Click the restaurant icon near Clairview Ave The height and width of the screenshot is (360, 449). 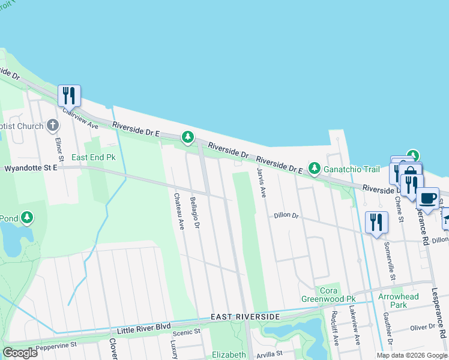(x=69, y=95)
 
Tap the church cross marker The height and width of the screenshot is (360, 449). (x=53, y=126)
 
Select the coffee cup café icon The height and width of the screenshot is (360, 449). (x=427, y=197)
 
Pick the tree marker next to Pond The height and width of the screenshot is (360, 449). (x=27, y=218)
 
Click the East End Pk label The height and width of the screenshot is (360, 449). (x=93, y=157)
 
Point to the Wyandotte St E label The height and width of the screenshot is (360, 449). (x=31, y=169)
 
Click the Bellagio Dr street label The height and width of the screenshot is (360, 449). (x=194, y=212)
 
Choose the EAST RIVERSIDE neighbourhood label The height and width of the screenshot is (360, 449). (x=245, y=316)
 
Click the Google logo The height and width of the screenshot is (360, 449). (x=20, y=353)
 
